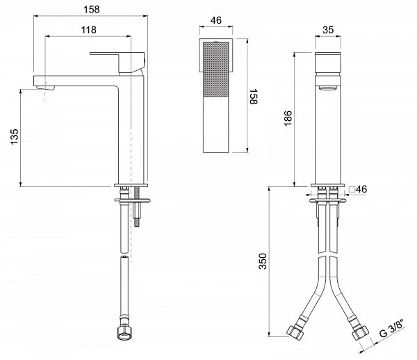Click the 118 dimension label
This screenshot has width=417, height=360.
click(88, 30)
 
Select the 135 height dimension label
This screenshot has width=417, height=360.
click(15, 136)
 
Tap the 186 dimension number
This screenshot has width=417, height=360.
click(288, 118)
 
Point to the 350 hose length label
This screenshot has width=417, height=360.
click(263, 261)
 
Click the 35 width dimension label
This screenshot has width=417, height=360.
click(328, 30)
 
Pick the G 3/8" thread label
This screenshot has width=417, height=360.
click(392, 328)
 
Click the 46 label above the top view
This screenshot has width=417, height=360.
click(215, 20)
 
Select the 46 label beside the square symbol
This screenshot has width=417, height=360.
click(361, 189)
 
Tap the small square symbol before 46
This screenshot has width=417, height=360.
click(352, 189)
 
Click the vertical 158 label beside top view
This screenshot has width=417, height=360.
click(254, 97)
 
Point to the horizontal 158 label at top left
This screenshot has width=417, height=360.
click(92, 10)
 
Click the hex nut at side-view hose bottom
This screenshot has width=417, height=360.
click(124, 333)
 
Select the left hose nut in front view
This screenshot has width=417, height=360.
click(295, 332)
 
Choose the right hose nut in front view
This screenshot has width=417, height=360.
click(360, 332)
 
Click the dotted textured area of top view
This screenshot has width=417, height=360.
click(215, 69)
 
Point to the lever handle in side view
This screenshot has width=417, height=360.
click(117, 63)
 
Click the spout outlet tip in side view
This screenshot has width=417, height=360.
click(44, 87)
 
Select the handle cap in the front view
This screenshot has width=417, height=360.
click(327, 63)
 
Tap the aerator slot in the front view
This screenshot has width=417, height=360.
click(327, 88)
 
